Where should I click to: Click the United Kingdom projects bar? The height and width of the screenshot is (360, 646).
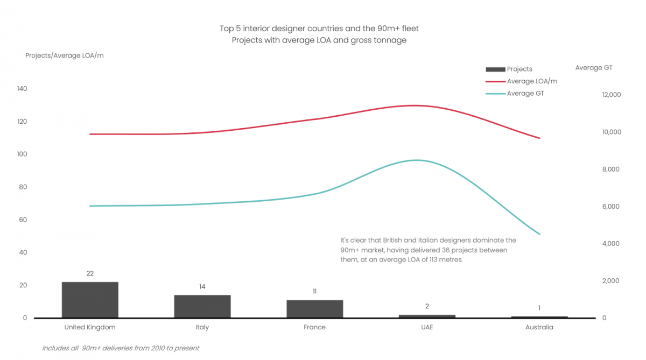click(90, 300)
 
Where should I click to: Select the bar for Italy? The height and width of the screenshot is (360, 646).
click(202, 306)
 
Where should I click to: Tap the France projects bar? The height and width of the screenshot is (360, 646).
click(314, 309)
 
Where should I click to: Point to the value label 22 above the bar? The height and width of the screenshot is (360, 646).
click(90, 273)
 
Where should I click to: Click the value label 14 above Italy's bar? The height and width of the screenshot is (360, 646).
click(202, 287)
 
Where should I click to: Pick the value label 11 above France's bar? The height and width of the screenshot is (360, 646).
click(314, 292)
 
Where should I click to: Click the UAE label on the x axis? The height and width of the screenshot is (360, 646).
click(427, 327)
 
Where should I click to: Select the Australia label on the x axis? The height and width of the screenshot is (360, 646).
click(539, 327)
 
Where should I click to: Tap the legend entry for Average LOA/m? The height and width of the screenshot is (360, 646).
click(531, 81)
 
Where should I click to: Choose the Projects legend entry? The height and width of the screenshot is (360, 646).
click(519, 69)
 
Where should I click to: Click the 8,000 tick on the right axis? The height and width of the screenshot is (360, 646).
click(611, 170)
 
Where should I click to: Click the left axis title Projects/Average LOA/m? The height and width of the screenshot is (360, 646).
click(65, 55)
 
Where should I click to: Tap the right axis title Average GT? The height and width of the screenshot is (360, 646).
click(593, 68)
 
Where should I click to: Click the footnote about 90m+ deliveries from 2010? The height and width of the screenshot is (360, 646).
click(121, 348)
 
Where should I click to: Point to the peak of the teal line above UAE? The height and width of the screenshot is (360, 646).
click(416, 160)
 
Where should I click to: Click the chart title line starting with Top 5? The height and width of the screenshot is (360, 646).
click(319, 28)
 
